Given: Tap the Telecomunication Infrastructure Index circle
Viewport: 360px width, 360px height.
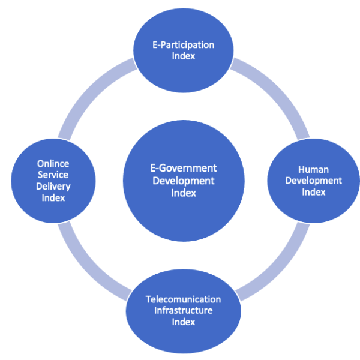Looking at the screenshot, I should coord(183,310).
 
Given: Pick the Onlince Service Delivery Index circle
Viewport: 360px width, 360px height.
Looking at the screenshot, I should coord(53,181).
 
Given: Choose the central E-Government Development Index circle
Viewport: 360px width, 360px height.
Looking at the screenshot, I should coord(183,180).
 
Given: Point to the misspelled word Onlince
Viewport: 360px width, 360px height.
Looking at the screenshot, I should coord(53,163).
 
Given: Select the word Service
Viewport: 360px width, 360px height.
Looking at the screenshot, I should coord(53,175).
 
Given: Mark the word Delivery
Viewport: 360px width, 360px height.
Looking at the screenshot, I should coord(53,186).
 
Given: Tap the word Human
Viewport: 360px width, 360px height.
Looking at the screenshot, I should coord(313,169).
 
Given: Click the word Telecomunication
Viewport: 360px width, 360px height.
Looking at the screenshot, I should coord(183,299).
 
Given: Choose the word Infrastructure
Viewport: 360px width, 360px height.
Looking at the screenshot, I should coord(183,310).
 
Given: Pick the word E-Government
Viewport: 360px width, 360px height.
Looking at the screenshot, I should coord(183,168).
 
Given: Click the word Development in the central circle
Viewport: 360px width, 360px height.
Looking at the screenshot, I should coord(183,180).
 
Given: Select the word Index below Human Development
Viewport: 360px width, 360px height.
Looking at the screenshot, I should coord(313,193).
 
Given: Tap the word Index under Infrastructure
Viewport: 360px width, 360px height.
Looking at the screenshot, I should coord(183,322).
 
